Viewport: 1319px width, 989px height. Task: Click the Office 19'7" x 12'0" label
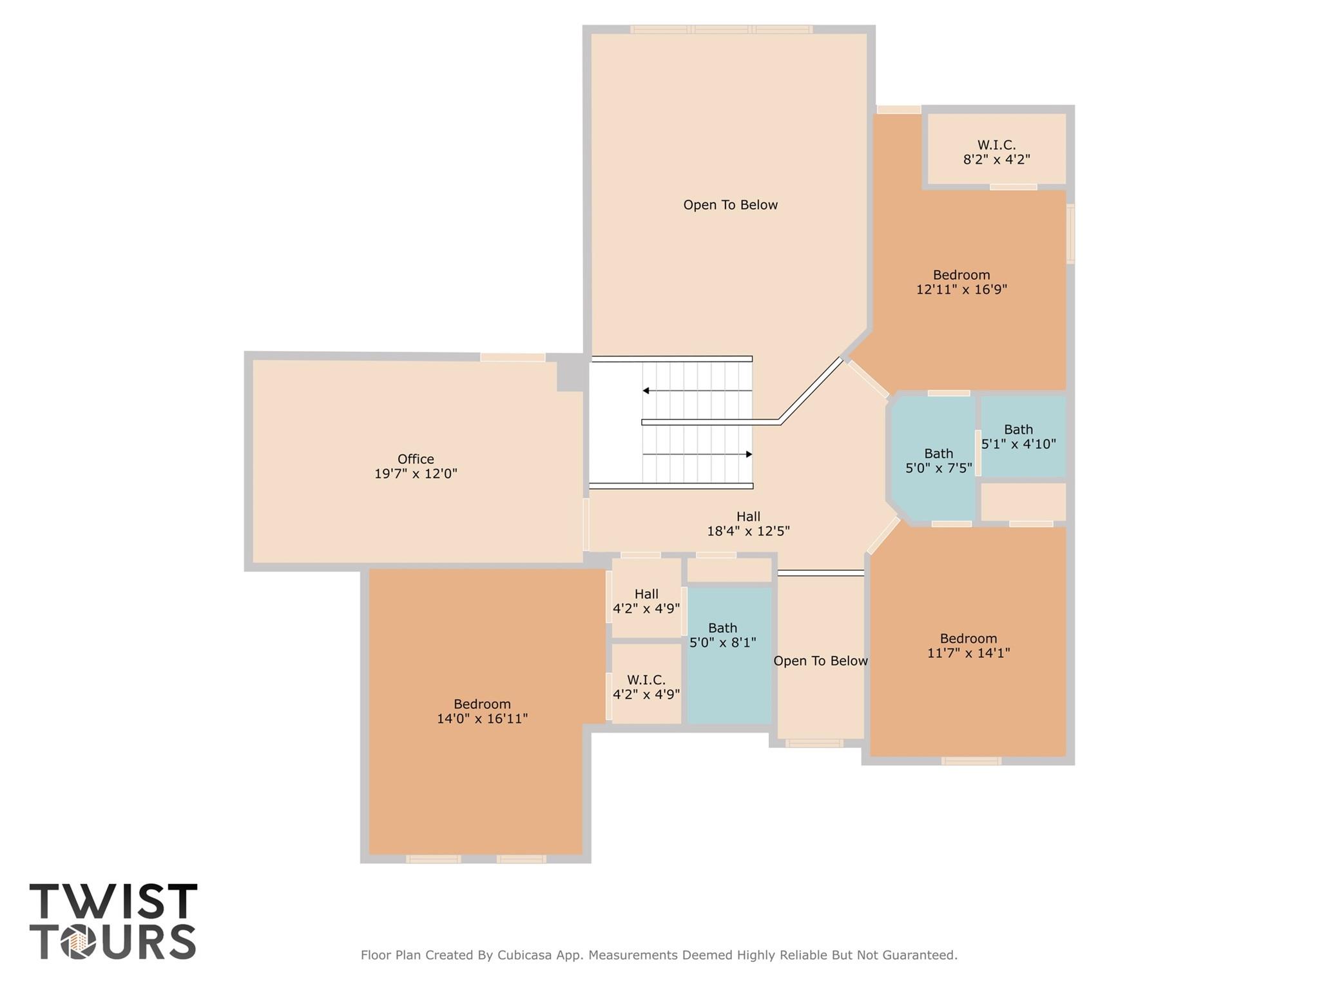416,466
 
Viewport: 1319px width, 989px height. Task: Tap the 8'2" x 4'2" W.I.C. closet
996,152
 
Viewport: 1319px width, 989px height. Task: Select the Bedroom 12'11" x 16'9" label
961,282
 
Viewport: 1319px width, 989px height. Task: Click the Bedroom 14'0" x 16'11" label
482,711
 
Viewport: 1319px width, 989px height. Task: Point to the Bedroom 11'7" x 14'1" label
968,646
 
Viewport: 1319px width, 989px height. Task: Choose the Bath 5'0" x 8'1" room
723,635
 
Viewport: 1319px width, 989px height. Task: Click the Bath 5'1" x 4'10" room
1019,437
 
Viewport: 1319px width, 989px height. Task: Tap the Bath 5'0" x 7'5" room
938,461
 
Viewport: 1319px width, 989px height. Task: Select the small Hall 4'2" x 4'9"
646,601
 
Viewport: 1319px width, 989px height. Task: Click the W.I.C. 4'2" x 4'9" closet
646,687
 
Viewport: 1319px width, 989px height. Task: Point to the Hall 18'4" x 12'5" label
748,524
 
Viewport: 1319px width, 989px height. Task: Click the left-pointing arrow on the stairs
646,391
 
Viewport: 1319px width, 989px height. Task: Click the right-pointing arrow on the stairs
749,454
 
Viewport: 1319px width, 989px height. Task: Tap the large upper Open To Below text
730,205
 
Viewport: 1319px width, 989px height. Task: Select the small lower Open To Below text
820,661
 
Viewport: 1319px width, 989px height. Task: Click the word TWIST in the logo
113,901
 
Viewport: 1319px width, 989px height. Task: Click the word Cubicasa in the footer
524,955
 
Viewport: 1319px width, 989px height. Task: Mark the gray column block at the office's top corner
571,374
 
